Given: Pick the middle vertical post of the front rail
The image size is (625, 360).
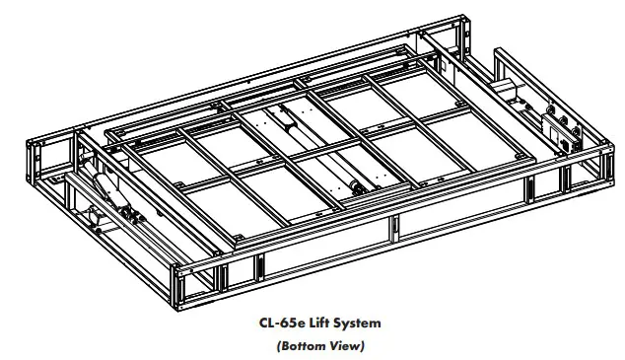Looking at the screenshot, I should pos(393,233).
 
